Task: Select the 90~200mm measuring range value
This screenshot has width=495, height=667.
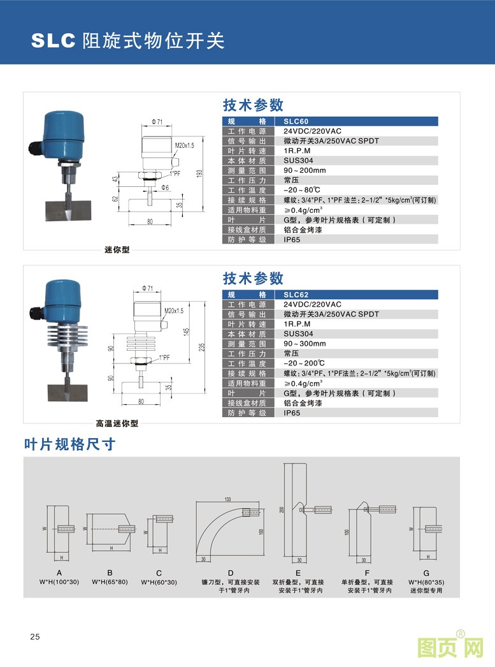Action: point(305,170)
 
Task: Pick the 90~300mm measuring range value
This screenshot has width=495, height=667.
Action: point(305,344)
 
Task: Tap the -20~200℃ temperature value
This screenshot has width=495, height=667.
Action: point(302,363)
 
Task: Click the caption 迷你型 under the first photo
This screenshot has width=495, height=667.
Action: point(117,249)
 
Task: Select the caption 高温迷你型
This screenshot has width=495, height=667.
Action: point(117,423)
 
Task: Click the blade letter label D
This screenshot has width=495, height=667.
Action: point(231,573)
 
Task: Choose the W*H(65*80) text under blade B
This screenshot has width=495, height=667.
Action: point(110,582)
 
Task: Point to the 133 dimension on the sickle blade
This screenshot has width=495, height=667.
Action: point(227,499)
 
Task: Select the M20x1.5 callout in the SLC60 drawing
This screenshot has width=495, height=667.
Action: point(184,145)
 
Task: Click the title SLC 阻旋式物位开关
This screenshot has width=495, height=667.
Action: point(128,41)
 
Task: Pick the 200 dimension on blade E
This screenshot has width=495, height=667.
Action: point(280,509)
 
